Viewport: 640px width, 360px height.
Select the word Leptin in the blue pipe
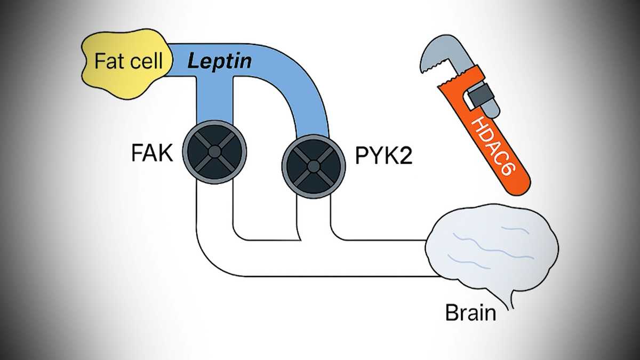[x=219, y=61]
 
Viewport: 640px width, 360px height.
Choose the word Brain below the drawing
[x=470, y=312]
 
